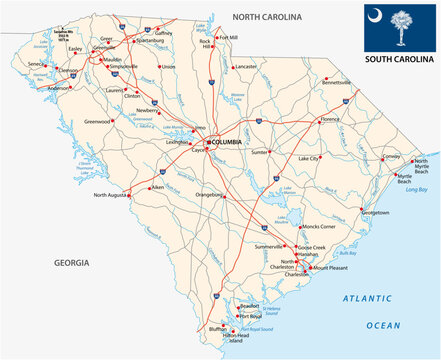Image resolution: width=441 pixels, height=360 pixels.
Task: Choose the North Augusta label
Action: (x=113, y=195)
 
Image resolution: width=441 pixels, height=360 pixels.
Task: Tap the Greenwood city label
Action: (x=97, y=121)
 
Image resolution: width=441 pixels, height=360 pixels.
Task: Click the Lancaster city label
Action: (x=247, y=67)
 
